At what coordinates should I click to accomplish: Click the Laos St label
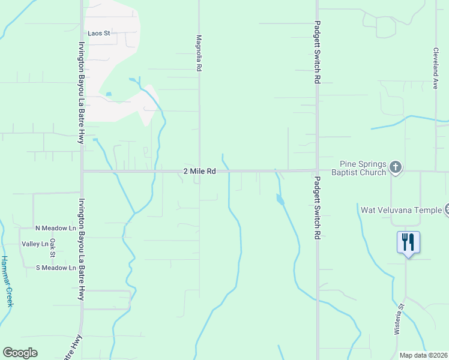point(99,34)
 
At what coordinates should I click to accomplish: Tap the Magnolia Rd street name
point(198,53)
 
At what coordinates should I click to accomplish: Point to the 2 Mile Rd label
point(199,172)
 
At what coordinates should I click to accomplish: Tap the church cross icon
point(395,167)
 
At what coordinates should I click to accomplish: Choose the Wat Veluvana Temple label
point(400,211)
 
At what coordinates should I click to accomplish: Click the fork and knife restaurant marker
point(408,242)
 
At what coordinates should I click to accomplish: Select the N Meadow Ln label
point(56,228)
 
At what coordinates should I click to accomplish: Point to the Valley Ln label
point(35,244)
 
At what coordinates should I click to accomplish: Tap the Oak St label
point(53,248)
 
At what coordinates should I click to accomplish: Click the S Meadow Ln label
point(56,268)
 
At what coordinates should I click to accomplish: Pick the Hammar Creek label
point(7,281)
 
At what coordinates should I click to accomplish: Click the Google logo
point(20,353)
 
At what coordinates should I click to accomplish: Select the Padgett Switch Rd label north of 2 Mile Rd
point(317,53)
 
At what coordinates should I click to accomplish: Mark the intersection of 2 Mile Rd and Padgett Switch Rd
point(317,170)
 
